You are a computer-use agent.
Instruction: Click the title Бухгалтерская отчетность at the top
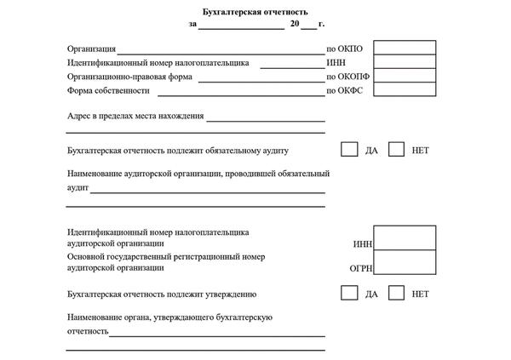coord(255,12)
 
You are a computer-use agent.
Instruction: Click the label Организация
coord(91,49)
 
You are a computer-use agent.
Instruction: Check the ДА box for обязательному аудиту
coord(349,149)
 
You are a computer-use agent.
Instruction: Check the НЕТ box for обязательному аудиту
coord(396,149)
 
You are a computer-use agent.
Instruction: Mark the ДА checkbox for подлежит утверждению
coord(349,293)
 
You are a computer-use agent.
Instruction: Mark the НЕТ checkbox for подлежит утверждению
coord(396,293)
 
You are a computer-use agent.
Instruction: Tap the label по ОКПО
coord(345,49)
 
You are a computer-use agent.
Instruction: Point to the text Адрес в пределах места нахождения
coord(135,116)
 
